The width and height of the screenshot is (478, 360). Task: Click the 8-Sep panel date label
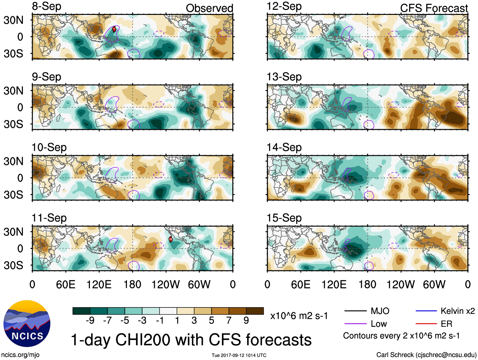coord(47,7)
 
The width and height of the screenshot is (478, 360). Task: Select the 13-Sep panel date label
coord(284,77)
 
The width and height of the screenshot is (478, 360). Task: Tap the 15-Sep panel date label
coord(284,218)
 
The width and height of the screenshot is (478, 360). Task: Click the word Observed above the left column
coord(209,8)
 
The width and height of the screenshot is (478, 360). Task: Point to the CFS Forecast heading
coord(434,8)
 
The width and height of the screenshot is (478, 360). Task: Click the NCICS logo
coord(27,323)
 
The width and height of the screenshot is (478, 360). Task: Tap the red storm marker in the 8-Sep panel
coord(114,30)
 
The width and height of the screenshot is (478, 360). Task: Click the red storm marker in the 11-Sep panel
coord(171,239)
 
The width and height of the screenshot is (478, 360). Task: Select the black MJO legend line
coord(355,311)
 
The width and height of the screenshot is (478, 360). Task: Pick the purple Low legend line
coord(355,324)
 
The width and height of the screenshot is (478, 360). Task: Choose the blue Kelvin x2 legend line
coord(426,311)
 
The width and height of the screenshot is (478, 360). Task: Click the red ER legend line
coord(426,324)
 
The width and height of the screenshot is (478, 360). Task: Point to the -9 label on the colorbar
coord(90,321)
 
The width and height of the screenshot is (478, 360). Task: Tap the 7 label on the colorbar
coord(229,321)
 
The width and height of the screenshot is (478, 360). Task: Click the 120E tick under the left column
coord(99,285)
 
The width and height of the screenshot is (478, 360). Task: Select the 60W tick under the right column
coord(434,285)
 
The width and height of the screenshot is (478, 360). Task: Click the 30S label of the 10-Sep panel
coord(14,195)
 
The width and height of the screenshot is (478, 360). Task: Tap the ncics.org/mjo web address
coord(20,355)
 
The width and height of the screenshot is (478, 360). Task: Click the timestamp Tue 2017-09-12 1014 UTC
coord(239,355)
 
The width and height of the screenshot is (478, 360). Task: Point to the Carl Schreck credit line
coord(426,355)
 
